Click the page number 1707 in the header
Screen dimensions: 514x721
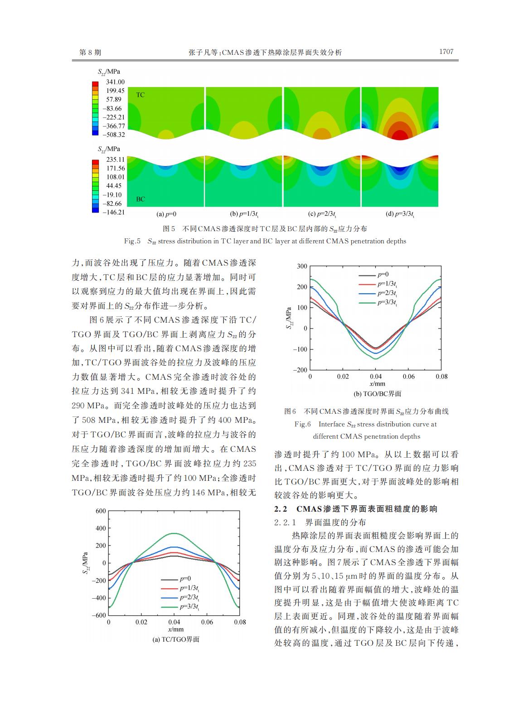(446, 52)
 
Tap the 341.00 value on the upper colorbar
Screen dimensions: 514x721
(115, 82)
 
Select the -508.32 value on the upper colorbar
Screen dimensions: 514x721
(114, 135)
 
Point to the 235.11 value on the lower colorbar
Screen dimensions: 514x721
(115, 160)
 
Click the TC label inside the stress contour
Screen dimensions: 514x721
(141, 95)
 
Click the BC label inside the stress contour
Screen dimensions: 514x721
(141, 199)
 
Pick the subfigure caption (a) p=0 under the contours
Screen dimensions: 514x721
(166, 214)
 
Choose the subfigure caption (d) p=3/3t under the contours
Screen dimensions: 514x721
(400, 214)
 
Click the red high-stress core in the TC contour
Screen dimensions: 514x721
(399, 135)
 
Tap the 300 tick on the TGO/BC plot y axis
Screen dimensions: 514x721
(302, 266)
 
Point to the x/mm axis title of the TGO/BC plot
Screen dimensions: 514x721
(377, 384)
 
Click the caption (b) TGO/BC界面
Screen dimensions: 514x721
(377, 394)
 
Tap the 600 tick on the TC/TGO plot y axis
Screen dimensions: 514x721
(101, 511)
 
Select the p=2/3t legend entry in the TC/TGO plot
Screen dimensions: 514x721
(180, 597)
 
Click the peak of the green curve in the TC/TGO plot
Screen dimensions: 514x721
(174, 533)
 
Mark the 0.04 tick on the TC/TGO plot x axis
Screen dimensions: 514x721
(174, 622)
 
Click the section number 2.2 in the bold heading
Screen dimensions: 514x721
(280, 509)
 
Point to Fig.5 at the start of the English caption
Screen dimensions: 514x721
(132, 241)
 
